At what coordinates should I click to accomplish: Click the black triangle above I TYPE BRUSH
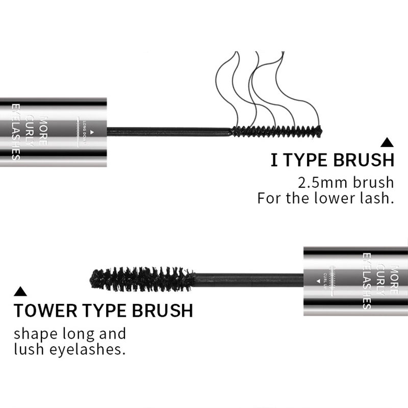pos(388,143)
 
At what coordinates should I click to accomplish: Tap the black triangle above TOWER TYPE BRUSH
pos(20,292)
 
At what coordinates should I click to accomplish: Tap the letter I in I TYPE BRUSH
pos(274,160)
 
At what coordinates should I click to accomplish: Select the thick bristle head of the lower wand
pos(143,278)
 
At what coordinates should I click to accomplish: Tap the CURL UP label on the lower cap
pos(324,280)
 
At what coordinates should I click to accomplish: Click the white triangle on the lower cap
pos(317,280)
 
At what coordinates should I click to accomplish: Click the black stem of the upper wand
pos(168,131)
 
